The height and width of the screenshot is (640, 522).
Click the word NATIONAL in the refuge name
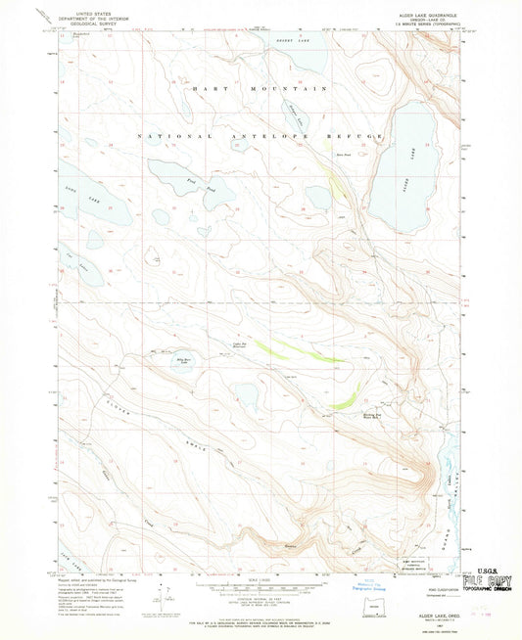(167, 134)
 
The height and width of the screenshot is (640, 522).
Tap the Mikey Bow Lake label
(183, 363)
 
